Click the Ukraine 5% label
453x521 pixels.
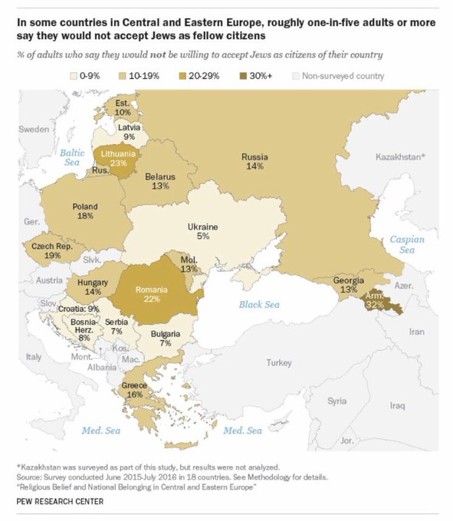click(x=203, y=231)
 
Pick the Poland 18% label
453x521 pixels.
click(x=84, y=211)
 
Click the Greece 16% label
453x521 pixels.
click(x=135, y=388)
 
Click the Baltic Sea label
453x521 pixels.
click(x=71, y=157)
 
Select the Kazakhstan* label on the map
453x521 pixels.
click(x=399, y=156)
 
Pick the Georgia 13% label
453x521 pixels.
click(x=348, y=285)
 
